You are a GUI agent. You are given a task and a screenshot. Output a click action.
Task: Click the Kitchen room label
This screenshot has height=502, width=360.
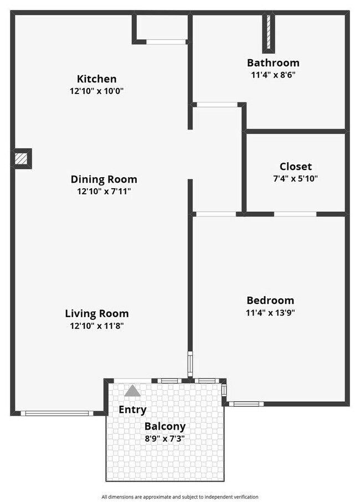96,79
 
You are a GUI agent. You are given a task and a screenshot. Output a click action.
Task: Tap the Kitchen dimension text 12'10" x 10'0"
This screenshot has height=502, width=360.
96,91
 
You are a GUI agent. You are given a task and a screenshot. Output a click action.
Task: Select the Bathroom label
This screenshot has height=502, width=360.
273,63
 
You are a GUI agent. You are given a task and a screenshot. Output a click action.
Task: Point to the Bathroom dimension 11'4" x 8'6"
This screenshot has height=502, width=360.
273,74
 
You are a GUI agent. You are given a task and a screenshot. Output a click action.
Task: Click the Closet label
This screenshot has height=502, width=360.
295,166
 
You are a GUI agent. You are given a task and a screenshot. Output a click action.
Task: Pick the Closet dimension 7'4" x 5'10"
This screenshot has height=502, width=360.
295,178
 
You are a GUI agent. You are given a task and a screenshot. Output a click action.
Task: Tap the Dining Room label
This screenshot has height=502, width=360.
104,179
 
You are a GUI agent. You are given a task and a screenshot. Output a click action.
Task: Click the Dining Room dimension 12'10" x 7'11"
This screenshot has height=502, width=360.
104,192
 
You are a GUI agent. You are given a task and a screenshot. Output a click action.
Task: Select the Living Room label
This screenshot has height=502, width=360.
97,313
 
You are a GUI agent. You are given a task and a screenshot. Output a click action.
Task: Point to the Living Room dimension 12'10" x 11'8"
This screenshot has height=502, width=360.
97,325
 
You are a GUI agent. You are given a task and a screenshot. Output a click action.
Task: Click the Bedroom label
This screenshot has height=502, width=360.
270,300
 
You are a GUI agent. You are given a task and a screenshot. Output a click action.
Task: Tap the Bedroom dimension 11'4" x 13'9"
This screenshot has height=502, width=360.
270,312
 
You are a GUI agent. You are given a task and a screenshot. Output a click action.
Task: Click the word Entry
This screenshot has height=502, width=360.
133,410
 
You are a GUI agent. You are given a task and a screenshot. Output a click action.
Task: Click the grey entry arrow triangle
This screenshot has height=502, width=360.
132,391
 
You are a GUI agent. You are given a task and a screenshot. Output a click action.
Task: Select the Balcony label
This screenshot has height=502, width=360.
165,427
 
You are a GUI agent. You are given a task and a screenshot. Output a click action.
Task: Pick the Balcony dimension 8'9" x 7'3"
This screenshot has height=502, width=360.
165,438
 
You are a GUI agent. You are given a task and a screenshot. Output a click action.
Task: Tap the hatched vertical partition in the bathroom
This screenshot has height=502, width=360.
269,32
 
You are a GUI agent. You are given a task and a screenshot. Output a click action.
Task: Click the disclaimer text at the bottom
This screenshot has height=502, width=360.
179,496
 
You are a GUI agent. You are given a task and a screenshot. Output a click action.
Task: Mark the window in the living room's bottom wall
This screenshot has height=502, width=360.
57,413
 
